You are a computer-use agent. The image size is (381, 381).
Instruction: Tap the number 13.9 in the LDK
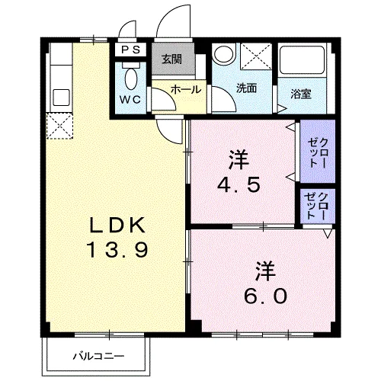(x=115, y=250)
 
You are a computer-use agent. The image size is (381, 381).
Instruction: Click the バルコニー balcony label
(x=98, y=356)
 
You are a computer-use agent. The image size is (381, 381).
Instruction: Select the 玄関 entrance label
(x=171, y=59)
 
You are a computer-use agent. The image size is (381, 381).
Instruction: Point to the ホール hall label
(x=186, y=89)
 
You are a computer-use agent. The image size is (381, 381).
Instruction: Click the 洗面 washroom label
(x=245, y=88)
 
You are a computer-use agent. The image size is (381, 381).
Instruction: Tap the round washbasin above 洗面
(x=223, y=54)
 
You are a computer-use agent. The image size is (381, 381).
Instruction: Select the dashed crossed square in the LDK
(x=59, y=126)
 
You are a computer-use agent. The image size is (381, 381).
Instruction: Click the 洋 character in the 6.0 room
(x=264, y=269)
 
